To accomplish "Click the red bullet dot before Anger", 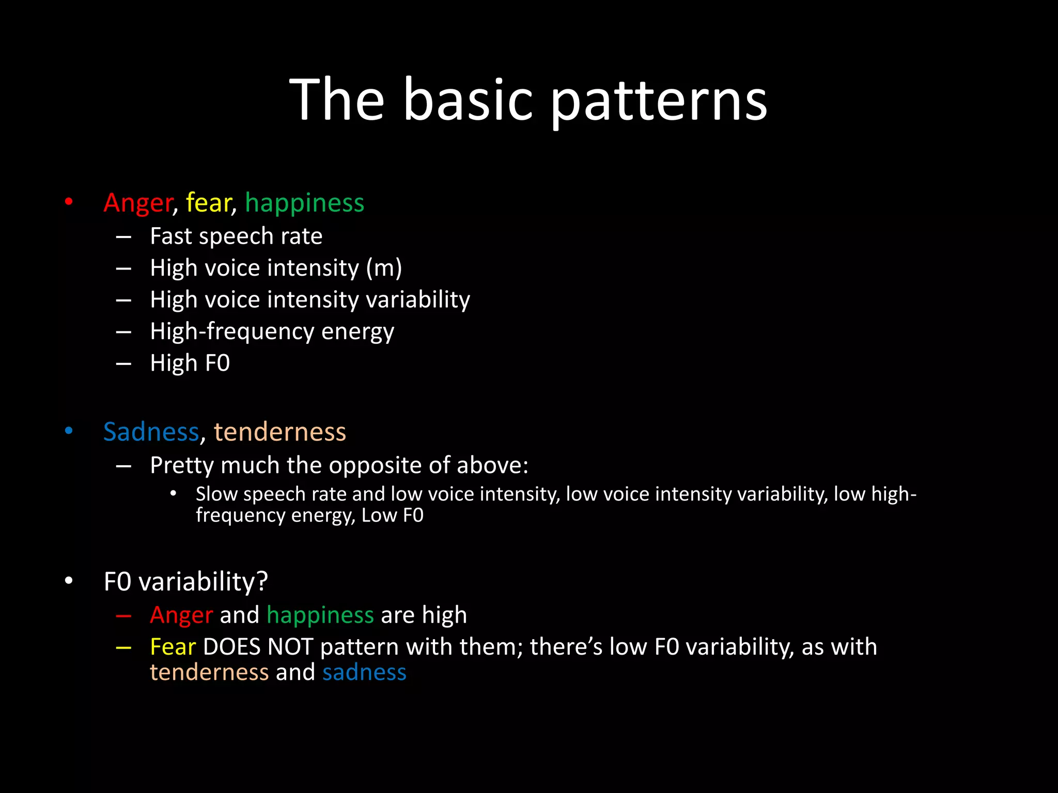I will (x=69, y=202).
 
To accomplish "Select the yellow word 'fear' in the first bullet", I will (x=208, y=202).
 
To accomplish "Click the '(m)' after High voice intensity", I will (x=384, y=268).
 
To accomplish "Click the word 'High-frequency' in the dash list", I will (x=232, y=332).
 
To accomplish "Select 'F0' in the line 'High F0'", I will (x=217, y=363).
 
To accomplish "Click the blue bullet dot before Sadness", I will (x=69, y=431).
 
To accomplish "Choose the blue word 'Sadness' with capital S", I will (x=151, y=432).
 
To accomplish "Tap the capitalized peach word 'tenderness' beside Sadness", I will (x=280, y=432).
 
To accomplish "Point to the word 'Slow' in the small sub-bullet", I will (x=216, y=494).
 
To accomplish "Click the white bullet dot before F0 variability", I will (x=69, y=581).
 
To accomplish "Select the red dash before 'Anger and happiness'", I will (x=123, y=615).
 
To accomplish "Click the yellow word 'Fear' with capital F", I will (x=173, y=647).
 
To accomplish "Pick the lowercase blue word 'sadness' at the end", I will (x=364, y=672).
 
